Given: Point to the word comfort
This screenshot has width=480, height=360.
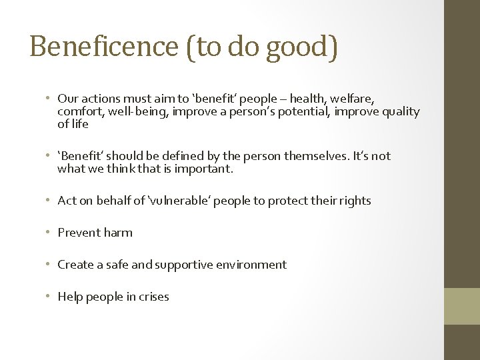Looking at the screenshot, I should pos(79,111).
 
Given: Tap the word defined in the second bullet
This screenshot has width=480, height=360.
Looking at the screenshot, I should pos(184,156).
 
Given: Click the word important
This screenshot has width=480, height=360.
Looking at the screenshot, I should pos(203,169).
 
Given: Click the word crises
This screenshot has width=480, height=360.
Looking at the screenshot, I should pos(153,297).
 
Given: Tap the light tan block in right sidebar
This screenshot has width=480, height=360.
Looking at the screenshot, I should pos(461,306).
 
